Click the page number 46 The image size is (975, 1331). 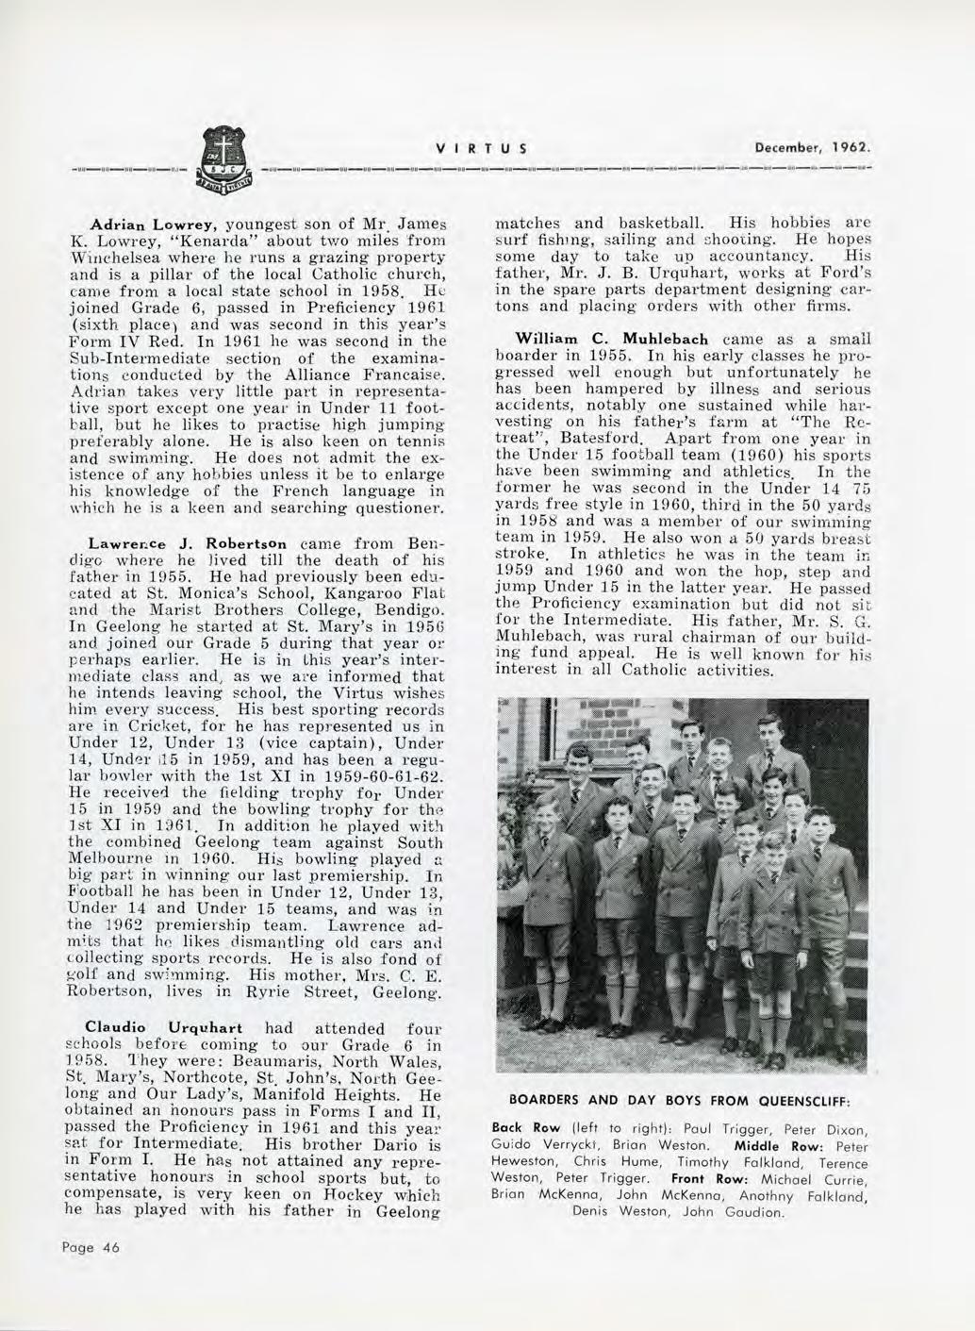coord(100,1246)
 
